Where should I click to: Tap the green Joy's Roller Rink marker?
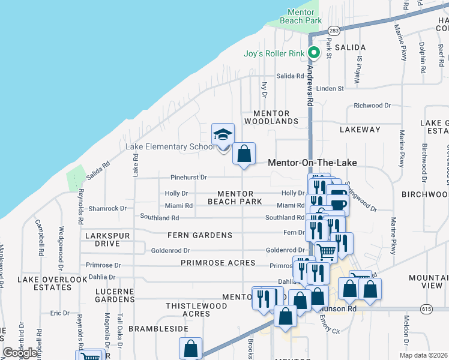click(313, 53)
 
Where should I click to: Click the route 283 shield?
click(334, 31)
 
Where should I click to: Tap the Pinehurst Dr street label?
click(188, 178)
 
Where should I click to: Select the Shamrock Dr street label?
click(107, 208)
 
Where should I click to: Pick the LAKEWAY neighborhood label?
click(360, 129)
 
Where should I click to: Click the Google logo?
click(20, 353)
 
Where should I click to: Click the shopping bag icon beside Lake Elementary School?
click(244, 154)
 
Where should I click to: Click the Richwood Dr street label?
click(372, 106)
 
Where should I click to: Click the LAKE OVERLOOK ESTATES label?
click(53, 283)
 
